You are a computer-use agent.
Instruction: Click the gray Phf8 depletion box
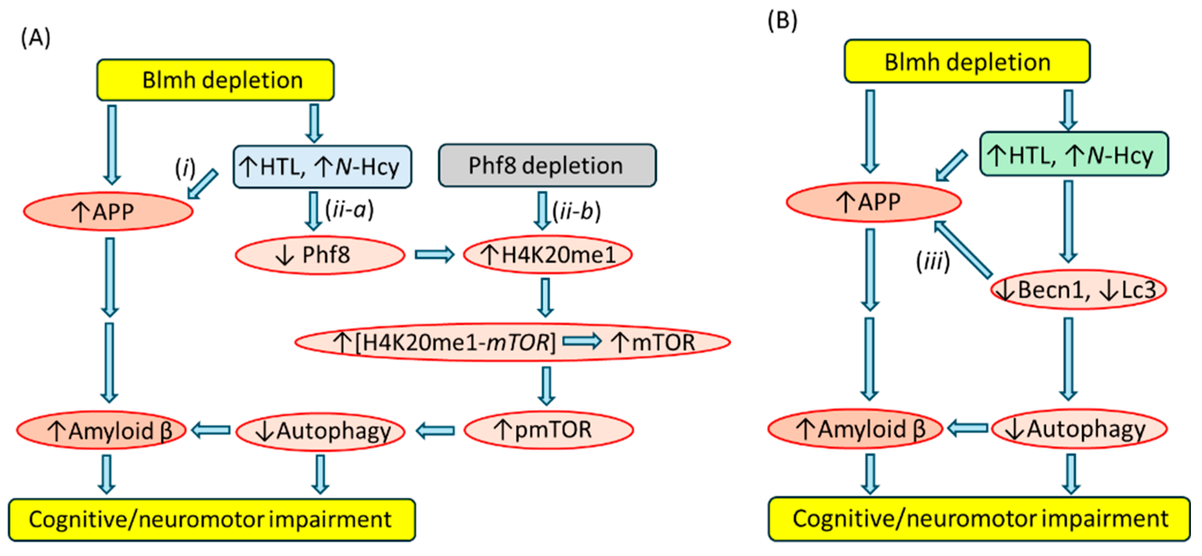[x=547, y=165]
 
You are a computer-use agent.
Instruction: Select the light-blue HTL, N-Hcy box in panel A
[x=322, y=167]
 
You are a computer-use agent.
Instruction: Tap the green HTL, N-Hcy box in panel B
[x=1074, y=154]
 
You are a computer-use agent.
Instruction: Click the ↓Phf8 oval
[x=320, y=255]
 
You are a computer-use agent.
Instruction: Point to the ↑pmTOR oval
[x=549, y=429]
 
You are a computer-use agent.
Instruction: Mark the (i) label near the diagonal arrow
[x=185, y=167]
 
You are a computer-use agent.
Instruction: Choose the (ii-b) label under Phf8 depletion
[x=577, y=211]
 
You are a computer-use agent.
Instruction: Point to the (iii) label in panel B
[x=933, y=261]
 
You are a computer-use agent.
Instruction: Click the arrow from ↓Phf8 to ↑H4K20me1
[x=434, y=254]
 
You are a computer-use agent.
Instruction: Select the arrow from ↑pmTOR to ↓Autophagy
[x=435, y=430]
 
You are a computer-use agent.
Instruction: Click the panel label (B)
[x=783, y=20]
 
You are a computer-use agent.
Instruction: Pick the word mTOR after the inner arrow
[x=663, y=342]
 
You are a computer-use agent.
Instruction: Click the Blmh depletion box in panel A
[x=215, y=80]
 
